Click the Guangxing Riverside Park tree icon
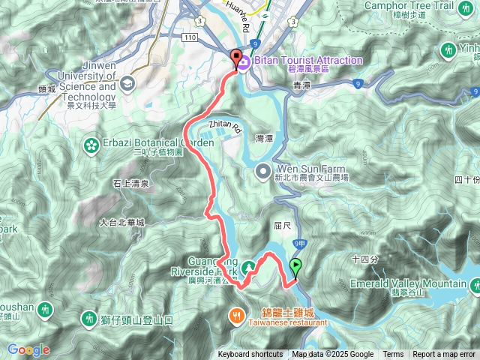point(247,268)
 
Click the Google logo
point(28,349)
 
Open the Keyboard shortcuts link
point(250,355)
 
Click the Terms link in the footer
point(393,355)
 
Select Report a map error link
point(444,355)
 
